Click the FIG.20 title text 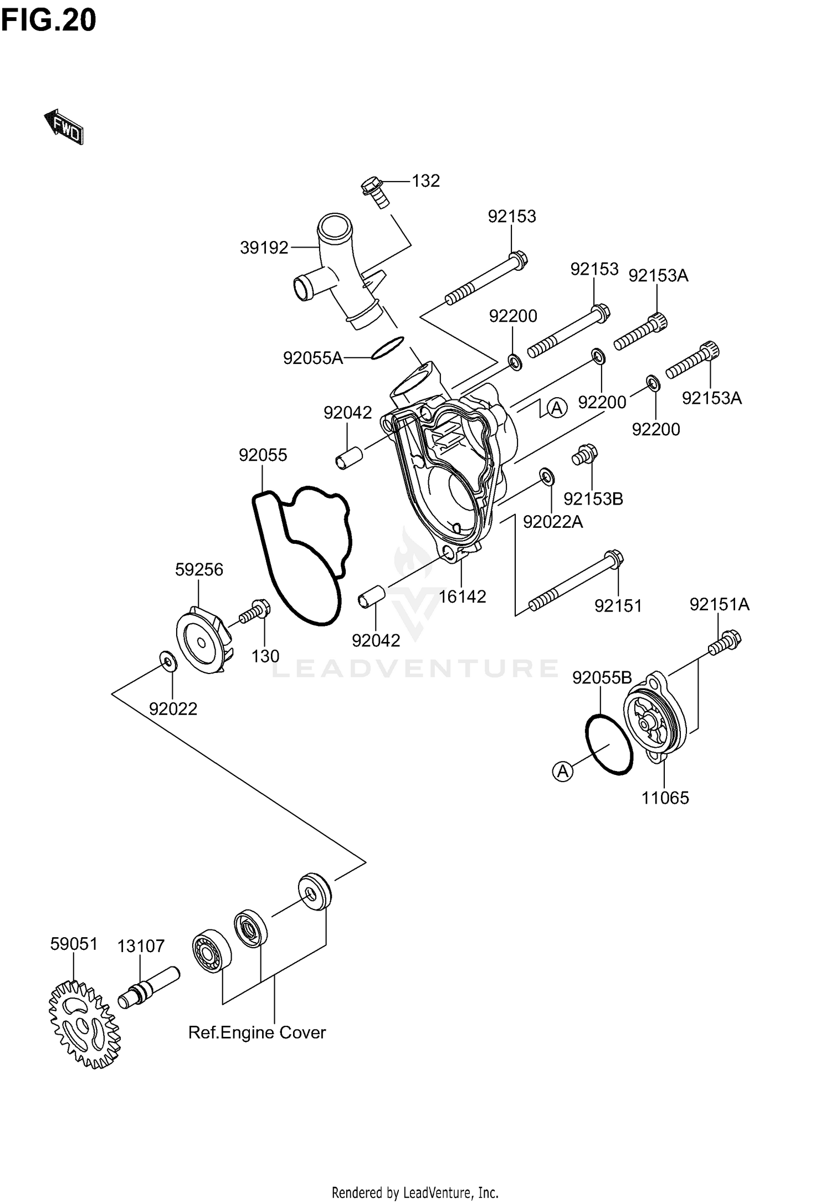[x=49, y=20]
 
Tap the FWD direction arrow [x=64, y=127]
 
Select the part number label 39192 [x=264, y=248]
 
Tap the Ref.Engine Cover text [x=257, y=1032]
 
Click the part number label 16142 [x=463, y=597]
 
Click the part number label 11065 [x=665, y=798]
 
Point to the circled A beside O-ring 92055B [x=563, y=770]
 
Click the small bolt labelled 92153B [x=584, y=454]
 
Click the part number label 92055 [x=263, y=455]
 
